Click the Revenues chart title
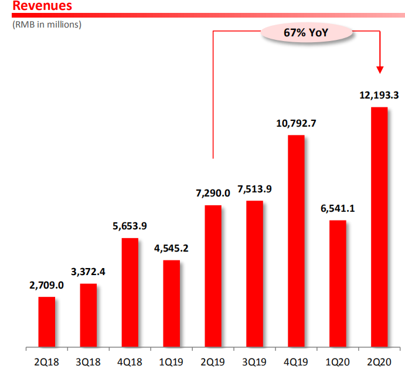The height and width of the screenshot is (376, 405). (42, 6)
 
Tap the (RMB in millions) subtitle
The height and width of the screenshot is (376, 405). (47, 25)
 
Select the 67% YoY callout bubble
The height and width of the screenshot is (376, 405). (306, 33)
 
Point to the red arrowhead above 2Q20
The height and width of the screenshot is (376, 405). (380, 70)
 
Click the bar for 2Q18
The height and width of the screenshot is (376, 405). (47, 321)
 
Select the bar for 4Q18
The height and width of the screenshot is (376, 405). (130, 292)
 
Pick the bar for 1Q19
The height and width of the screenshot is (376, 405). (172, 303)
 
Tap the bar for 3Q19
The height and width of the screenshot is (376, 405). (255, 274)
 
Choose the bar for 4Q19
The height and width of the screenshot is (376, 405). (296, 241)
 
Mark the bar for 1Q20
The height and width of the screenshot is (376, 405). (338, 283)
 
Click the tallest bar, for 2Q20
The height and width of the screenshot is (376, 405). (379, 227)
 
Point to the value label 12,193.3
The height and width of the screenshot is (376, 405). (379, 96)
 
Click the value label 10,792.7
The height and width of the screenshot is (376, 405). (296, 123)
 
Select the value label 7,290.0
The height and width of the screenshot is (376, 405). (213, 193)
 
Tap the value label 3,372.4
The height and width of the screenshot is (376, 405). (88, 272)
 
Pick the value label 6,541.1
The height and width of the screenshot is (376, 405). (338, 208)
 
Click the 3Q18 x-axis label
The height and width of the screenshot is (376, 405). (88, 362)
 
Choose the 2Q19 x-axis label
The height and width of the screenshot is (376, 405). (213, 362)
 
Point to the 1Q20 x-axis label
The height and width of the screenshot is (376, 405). (338, 362)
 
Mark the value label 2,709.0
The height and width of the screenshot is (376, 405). (46, 285)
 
